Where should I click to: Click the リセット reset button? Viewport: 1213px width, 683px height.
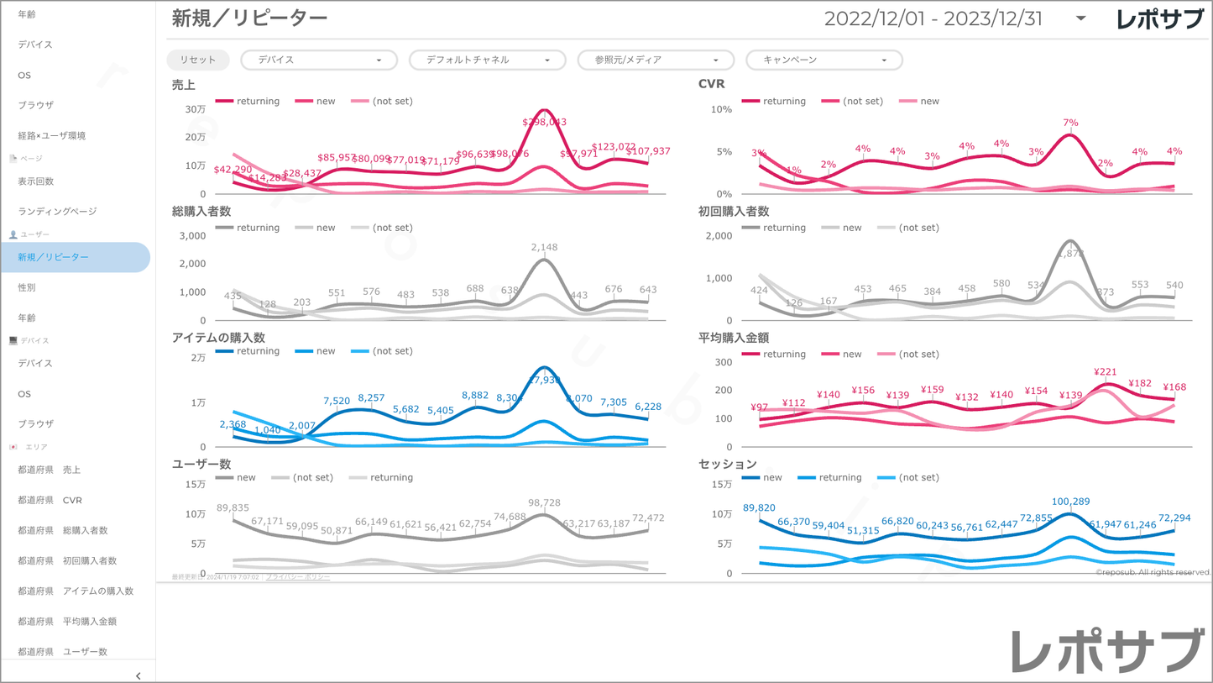[x=197, y=60]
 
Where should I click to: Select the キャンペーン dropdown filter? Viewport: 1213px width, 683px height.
[x=824, y=60]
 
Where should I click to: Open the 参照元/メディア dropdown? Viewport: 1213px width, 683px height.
[x=656, y=60]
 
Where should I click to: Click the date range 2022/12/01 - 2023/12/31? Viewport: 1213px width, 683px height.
[x=933, y=18]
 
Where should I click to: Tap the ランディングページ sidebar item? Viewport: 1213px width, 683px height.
[x=57, y=212]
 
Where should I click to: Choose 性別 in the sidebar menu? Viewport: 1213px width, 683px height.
[x=27, y=287]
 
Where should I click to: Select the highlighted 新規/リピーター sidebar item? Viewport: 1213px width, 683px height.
[x=54, y=257]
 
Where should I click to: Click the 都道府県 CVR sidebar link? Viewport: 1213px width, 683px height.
[x=50, y=500]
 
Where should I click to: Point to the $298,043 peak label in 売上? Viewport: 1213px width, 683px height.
[x=544, y=122]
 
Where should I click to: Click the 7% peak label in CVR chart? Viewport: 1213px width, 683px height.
[x=1070, y=123]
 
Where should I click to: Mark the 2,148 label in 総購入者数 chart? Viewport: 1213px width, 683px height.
[x=544, y=248]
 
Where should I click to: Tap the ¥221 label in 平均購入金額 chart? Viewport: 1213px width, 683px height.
[x=1105, y=372]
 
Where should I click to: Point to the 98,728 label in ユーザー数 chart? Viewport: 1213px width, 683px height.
[x=544, y=502]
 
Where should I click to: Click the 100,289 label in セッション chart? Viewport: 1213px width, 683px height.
[x=1070, y=502]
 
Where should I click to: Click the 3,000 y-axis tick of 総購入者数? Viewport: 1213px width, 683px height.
[x=193, y=235]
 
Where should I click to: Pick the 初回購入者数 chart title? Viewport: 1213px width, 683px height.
[x=734, y=211]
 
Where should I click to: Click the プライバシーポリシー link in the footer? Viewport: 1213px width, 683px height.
[x=298, y=577]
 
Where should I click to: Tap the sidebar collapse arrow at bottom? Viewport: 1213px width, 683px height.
[x=139, y=675]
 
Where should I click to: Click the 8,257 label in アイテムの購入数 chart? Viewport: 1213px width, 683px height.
[x=371, y=397]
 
